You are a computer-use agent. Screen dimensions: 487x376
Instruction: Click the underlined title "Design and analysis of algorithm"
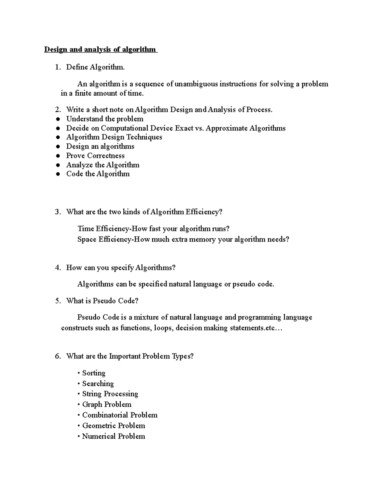click(x=100, y=50)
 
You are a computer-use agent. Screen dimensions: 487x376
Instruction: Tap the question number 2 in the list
click(x=57, y=110)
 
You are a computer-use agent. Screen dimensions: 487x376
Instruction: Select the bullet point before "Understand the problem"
click(x=58, y=119)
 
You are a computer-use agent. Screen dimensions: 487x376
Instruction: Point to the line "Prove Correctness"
click(x=95, y=156)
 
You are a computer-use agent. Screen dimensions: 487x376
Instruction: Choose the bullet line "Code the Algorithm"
click(x=98, y=174)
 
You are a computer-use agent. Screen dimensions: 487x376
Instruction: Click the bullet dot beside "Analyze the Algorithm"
click(x=58, y=165)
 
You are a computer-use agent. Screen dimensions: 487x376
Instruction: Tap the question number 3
click(x=57, y=212)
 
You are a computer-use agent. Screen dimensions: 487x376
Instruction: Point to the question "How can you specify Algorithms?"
click(x=121, y=268)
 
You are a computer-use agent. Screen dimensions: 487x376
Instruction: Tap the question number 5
click(x=57, y=301)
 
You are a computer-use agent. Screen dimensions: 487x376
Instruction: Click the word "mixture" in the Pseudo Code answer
click(x=147, y=317)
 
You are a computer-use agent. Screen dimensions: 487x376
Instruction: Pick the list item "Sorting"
click(x=94, y=373)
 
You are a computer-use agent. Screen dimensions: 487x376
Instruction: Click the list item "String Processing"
click(x=110, y=394)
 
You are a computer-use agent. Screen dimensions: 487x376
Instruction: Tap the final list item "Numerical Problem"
click(x=113, y=437)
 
